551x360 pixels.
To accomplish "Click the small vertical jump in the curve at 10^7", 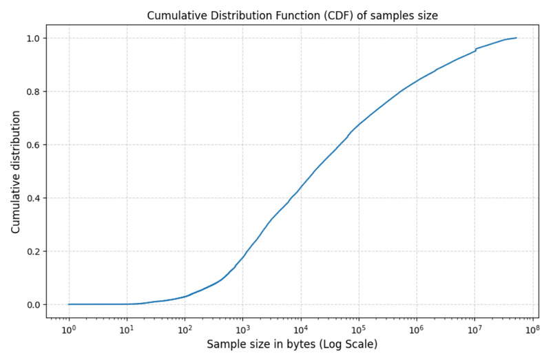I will (x=475, y=50).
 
